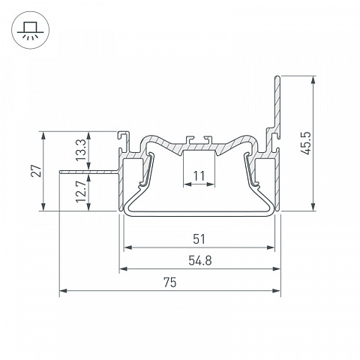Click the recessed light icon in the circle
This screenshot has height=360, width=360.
[30, 30]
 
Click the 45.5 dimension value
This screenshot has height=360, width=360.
[306, 143]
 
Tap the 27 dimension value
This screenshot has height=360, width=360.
[36, 171]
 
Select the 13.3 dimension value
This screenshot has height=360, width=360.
[81, 151]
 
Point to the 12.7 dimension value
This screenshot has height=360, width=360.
[81, 192]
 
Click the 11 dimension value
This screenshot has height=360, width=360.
[199, 176]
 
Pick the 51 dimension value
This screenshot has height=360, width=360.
[199, 239]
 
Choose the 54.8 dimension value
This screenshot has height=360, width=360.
[200, 260]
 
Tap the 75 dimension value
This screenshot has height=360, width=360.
[170, 282]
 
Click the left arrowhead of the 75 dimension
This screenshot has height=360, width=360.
[63, 291]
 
